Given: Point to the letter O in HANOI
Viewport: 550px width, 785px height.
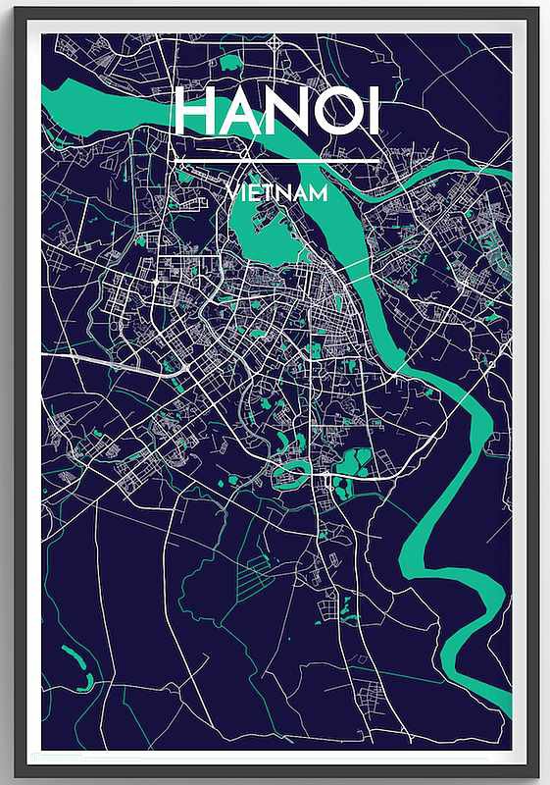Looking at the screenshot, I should click(x=337, y=113).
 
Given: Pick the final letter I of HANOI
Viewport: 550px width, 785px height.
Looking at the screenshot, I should click(x=375, y=113).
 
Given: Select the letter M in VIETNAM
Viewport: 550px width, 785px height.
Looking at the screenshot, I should click(x=319, y=193).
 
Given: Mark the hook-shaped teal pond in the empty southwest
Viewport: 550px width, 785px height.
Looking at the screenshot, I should click(x=78, y=667).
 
